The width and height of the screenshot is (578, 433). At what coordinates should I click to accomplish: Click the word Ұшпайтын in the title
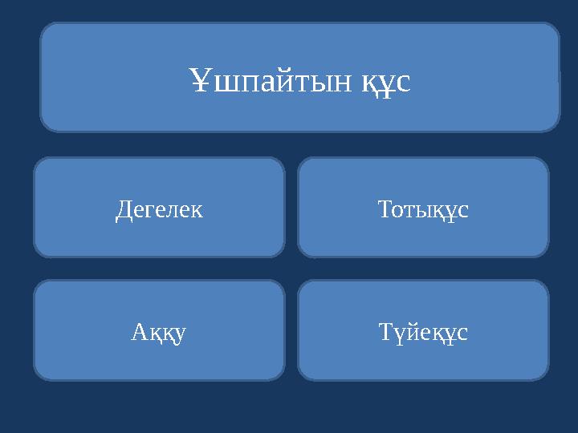[x=270, y=80]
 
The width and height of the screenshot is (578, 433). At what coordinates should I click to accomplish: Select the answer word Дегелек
[x=159, y=210]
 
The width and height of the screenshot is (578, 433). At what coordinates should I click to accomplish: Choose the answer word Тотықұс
[x=423, y=210]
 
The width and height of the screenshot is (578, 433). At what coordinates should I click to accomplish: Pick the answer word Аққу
[x=159, y=332]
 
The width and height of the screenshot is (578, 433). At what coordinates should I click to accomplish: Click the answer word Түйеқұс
[x=423, y=332]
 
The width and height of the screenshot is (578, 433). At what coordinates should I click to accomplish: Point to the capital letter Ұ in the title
[x=201, y=79]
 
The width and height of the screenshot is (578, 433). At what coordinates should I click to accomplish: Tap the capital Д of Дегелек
[x=123, y=211]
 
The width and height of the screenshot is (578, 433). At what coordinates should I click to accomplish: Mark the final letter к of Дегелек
[x=197, y=211]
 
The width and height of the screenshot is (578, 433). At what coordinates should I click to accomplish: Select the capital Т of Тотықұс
[x=385, y=210]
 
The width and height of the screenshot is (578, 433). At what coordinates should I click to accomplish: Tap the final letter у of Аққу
[x=180, y=334]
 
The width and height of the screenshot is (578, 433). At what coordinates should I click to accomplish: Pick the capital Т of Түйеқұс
[x=385, y=332]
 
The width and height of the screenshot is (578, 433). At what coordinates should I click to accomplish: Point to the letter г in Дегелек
[x=149, y=211]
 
